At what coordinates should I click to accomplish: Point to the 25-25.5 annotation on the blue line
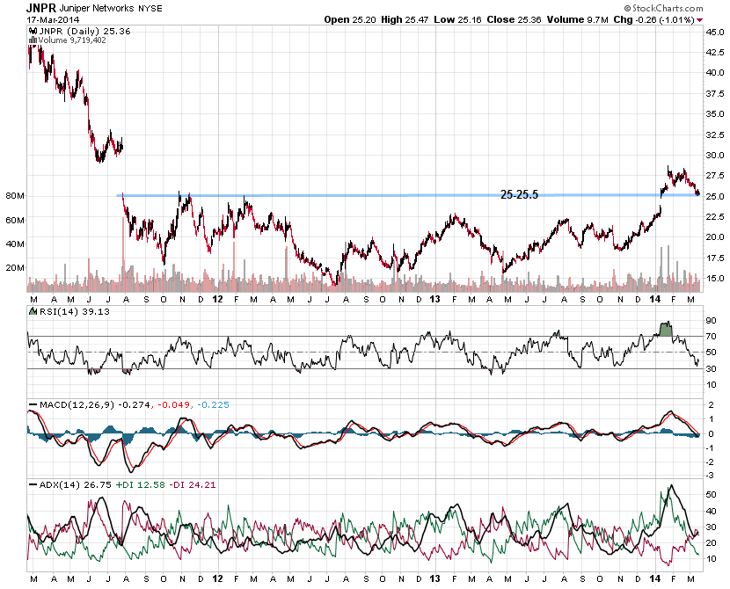click(519, 194)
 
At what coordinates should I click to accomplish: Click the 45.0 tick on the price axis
click(715, 32)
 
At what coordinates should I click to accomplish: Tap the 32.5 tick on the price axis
click(715, 135)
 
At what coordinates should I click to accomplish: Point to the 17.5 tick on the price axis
click(715, 258)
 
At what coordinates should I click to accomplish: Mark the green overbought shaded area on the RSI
click(666, 329)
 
